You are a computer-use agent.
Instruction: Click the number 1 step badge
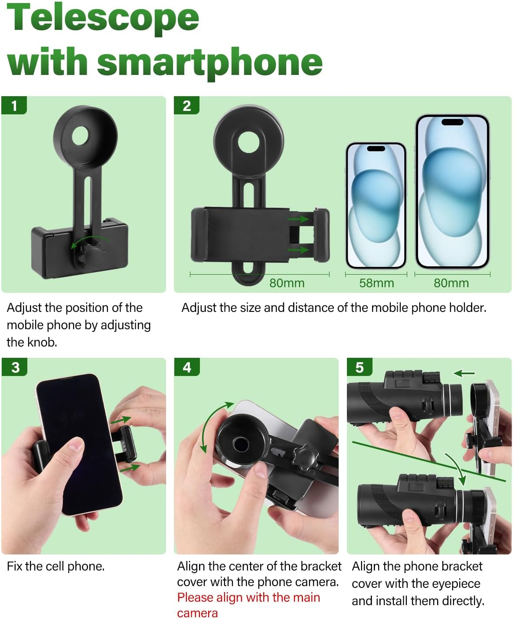(14, 105)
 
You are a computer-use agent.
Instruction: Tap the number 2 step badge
(186, 105)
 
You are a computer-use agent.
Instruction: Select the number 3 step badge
(14, 367)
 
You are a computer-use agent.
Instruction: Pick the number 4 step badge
(187, 367)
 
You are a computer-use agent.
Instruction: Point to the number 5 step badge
(359, 367)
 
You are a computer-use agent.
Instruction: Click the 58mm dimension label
(376, 283)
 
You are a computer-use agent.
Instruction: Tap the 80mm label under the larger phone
(451, 283)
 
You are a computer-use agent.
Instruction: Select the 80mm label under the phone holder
(287, 283)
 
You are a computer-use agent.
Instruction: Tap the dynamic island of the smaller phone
(376, 149)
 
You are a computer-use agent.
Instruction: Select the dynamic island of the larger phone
(452, 122)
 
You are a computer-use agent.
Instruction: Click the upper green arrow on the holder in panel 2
(298, 219)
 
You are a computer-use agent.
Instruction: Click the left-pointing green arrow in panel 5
(464, 373)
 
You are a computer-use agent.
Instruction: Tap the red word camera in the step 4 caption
(197, 613)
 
